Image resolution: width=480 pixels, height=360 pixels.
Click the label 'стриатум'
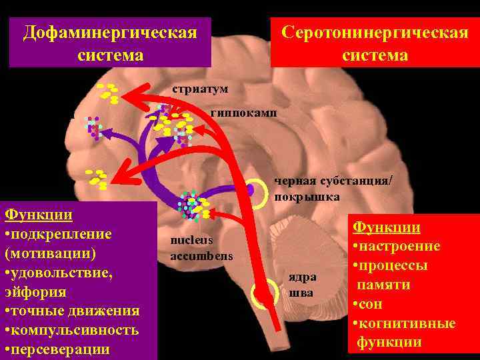199,89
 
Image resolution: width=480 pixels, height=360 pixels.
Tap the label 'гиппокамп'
243,113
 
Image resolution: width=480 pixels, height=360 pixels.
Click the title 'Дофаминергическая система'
110,43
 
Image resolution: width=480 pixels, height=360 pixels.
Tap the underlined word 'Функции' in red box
386,227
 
